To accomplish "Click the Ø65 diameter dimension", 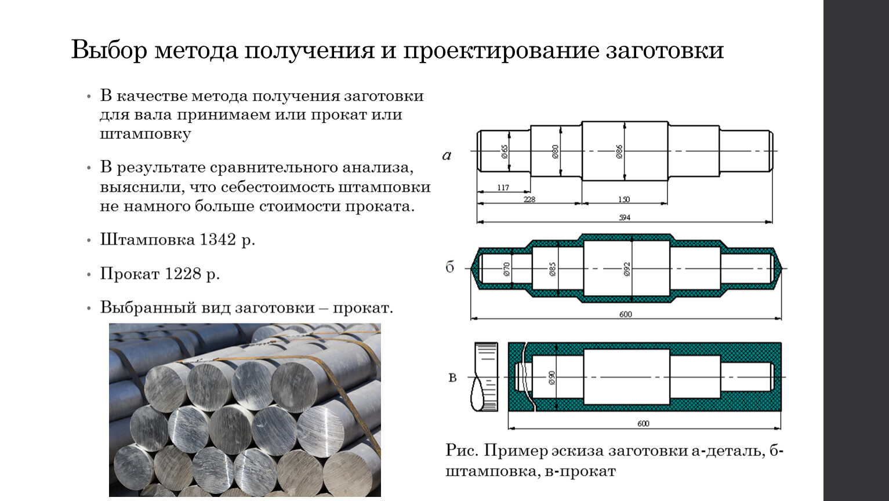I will point(505,152).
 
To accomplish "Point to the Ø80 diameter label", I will point(555,152).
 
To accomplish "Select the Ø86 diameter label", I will point(619,152).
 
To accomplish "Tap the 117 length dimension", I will point(503,188).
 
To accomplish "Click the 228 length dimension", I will point(529,199).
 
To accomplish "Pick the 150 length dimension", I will point(623,199).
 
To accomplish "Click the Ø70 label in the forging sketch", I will point(506,268).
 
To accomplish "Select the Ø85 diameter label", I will point(553,268).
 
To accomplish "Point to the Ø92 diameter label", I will point(627,268).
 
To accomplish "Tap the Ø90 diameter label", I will point(551,377).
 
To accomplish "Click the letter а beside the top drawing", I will point(447,155).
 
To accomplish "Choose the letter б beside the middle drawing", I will point(450,267).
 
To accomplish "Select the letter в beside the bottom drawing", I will point(452,378).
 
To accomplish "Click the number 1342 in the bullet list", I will point(217,239).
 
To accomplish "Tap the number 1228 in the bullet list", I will point(182,274).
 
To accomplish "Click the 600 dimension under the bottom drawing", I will point(643,423).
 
